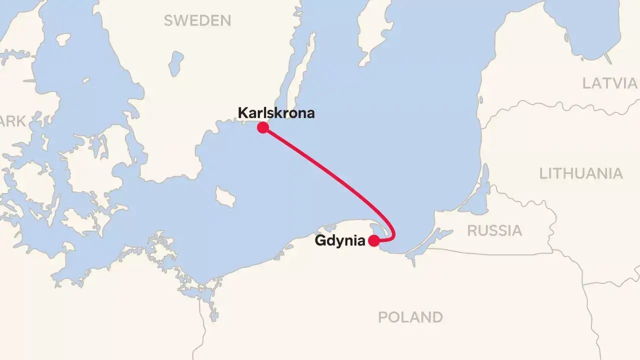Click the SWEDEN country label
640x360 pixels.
click(x=197, y=20)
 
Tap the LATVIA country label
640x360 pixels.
click(x=609, y=83)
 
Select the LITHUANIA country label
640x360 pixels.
click(x=581, y=173)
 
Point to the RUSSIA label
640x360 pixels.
click(x=494, y=230)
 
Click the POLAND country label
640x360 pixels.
click(x=410, y=317)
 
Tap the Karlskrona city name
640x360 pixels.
click(x=276, y=113)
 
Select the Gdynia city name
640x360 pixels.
click(x=339, y=241)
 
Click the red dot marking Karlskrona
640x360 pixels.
click(x=262, y=128)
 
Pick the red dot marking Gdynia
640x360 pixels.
click(x=373, y=241)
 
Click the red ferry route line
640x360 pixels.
click(x=325, y=170)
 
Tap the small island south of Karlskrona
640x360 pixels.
click(x=225, y=196)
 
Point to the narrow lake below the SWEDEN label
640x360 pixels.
click(x=175, y=63)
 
